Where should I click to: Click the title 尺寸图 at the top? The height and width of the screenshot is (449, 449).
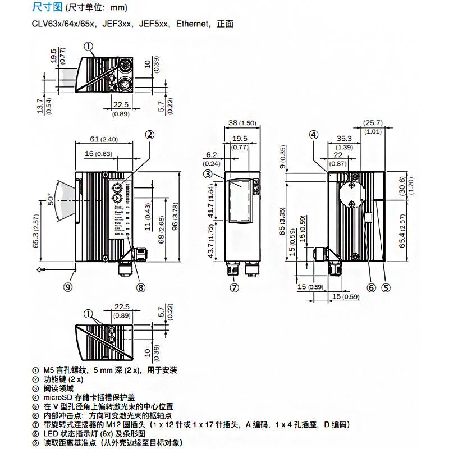coord(48,8)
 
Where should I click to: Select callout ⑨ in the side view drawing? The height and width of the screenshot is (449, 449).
coord(68,287)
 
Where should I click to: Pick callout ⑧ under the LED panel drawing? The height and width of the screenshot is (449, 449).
coord(140,287)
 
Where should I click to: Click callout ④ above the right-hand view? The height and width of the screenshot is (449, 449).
coord(313,135)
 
